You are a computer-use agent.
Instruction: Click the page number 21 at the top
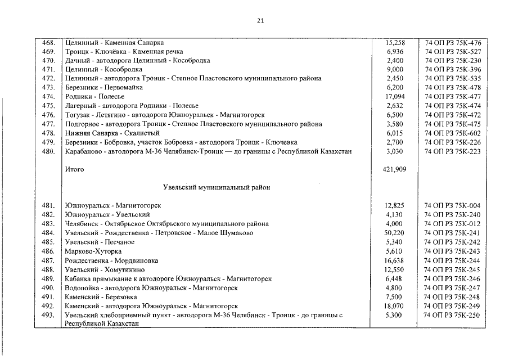(260, 21)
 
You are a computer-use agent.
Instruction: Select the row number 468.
(48, 42)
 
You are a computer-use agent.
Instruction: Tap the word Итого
(74, 169)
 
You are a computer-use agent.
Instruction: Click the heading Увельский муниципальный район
(217, 187)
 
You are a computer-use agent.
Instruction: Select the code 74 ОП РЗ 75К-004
(452, 206)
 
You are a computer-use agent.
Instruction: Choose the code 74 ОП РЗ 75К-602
(452, 133)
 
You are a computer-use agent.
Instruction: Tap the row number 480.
(48, 151)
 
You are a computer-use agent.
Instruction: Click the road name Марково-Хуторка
(93, 251)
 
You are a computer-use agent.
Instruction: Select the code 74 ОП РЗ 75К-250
(452, 315)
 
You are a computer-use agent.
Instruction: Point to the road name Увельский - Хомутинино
(104, 269)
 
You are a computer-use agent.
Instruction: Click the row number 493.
(48, 315)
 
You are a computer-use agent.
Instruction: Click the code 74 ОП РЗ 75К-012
(452, 224)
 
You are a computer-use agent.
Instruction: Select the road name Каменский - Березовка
(101, 297)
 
